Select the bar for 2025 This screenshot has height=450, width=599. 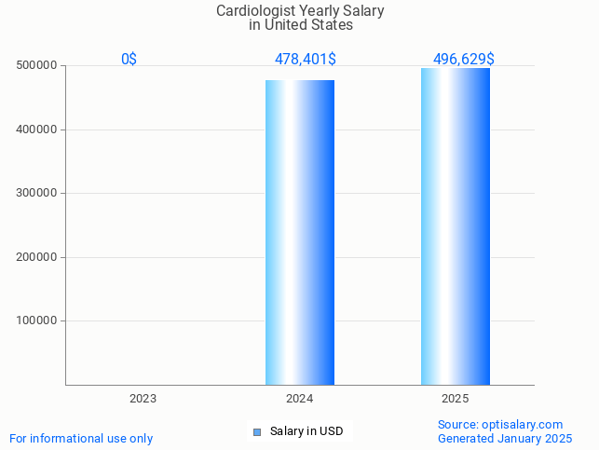point(455,226)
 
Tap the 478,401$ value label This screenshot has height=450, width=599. point(305,59)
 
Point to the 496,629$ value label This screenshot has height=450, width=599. point(463,59)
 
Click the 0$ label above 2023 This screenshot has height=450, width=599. point(129,59)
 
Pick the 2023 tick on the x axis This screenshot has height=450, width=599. point(143,398)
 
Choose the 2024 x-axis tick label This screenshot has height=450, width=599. point(299,398)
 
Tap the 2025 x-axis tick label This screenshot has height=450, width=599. point(455,398)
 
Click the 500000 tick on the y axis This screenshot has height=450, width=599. point(37,65)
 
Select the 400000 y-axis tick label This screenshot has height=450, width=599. point(37,130)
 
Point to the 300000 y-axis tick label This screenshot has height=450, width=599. point(37,193)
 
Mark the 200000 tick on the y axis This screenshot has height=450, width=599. point(37,257)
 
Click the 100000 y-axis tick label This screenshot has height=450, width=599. point(37,320)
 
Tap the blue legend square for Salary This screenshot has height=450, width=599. point(257,431)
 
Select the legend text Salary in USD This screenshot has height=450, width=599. point(306,431)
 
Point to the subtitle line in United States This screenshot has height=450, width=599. point(300,25)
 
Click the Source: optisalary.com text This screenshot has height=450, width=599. point(500,424)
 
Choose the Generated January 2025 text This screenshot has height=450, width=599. point(505,438)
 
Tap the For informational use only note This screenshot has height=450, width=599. point(81,438)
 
